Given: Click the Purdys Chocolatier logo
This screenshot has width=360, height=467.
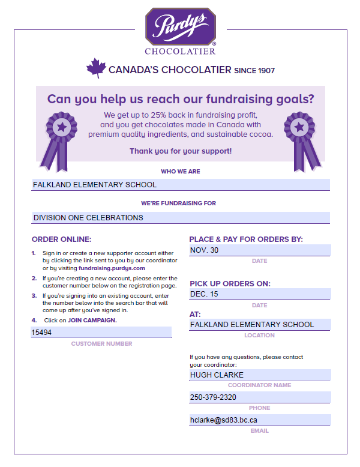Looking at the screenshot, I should [x=181, y=31].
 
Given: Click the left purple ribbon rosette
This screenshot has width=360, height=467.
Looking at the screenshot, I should [x=60, y=136].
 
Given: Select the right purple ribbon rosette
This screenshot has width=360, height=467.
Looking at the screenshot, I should [x=300, y=136].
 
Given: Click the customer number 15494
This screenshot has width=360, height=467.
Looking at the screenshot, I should [x=42, y=332].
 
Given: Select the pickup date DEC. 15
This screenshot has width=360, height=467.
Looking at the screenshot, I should [x=205, y=294].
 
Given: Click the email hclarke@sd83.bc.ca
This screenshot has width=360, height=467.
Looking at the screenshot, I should [x=224, y=420].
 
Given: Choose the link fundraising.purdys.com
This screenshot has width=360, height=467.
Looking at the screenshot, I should [x=112, y=268].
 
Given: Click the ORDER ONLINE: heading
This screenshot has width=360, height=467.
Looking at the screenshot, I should [x=61, y=239].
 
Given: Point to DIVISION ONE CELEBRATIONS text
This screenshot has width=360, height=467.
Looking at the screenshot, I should [x=88, y=217].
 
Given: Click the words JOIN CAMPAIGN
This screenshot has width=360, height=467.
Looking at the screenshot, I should [x=92, y=320].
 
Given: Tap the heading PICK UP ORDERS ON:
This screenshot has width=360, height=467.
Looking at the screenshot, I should [x=230, y=283].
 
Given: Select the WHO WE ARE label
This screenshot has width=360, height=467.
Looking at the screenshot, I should [x=181, y=172].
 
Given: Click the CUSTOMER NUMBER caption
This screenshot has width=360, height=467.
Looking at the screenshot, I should [x=101, y=344].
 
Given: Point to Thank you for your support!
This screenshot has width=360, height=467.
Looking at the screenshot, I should [x=181, y=151].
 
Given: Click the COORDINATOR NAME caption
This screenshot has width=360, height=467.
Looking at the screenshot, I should [x=259, y=385].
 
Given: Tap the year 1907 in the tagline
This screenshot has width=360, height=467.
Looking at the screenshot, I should [x=266, y=71].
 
